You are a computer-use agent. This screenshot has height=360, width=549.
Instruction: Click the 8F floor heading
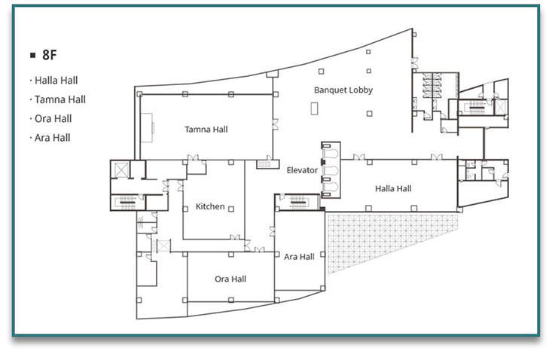coord(50,55)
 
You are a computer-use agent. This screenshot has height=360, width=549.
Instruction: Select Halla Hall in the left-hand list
coord(56,81)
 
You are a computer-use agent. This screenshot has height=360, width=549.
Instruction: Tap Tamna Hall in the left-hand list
coord(60,99)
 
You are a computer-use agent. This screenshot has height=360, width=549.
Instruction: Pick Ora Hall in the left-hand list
coord(53,119)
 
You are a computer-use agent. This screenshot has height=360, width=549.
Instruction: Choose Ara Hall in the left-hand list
coord(53,138)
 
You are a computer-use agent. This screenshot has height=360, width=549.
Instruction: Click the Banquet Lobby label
coord(343,90)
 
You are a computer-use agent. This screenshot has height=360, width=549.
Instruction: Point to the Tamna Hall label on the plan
coord(206,130)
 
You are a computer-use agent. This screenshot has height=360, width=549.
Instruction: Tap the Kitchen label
coord(210,206)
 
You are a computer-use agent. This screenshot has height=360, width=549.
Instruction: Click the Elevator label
coord(302,170)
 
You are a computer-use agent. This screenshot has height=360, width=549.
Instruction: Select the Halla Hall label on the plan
coord(393,189)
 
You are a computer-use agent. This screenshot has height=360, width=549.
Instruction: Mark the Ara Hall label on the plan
coord(299,257)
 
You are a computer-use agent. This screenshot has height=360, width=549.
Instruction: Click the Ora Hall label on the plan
coord(230,279)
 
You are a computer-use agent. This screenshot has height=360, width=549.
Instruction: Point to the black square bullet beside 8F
coord(33,55)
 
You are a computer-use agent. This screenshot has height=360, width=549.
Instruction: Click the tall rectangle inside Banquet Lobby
coord(315,108)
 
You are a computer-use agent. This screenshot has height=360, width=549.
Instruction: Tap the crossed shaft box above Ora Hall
coord(163,246)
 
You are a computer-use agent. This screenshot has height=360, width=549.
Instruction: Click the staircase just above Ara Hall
coord(298,202)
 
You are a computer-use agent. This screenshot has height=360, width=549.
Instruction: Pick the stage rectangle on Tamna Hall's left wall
coord(147,127)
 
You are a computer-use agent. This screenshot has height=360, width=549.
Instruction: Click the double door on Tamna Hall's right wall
coord(275,124)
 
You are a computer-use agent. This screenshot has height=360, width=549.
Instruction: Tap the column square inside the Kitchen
coord(231,209)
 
